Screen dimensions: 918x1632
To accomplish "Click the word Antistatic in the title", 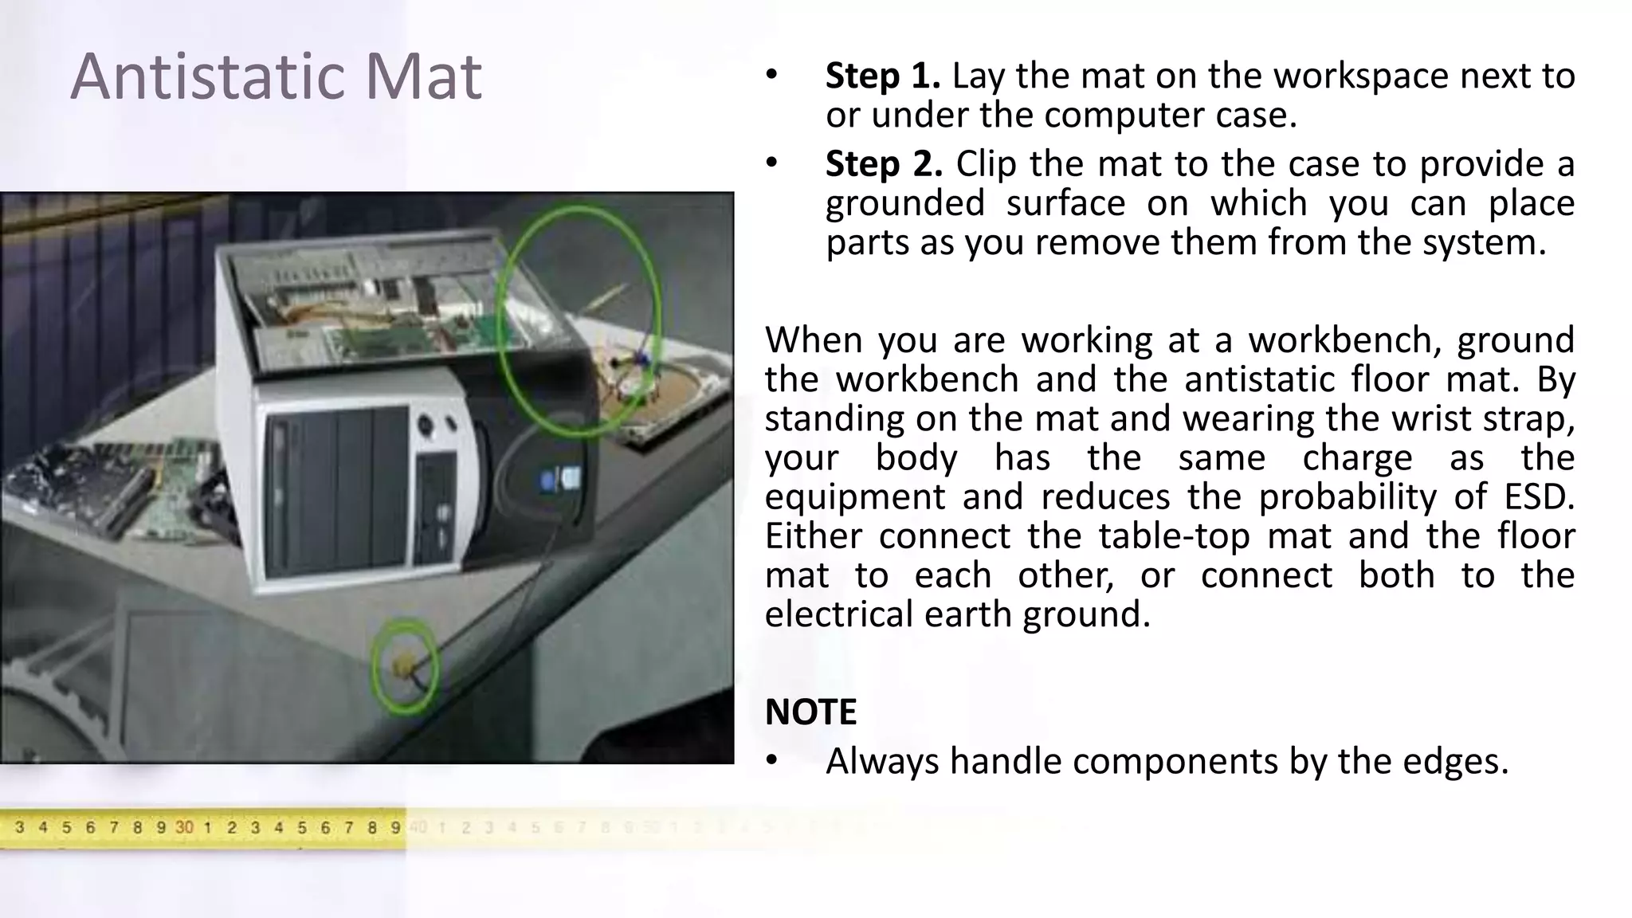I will click(x=205, y=76).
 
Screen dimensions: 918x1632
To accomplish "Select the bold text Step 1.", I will click(x=883, y=76).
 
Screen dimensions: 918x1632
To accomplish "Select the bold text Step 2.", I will click(x=884, y=163).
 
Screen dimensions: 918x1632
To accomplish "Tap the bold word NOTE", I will click(x=810, y=712).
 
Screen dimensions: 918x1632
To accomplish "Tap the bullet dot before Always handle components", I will click(x=771, y=761).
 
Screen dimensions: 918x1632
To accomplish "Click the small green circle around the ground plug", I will click(x=406, y=665).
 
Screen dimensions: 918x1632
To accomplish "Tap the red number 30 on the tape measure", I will click(x=184, y=827).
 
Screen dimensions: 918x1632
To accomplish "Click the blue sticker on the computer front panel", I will click(x=547, y=481).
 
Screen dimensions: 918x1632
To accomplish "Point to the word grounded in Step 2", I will click(x=904, y=202).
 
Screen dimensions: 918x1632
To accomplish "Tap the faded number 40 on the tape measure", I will click(x=418, y=827).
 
